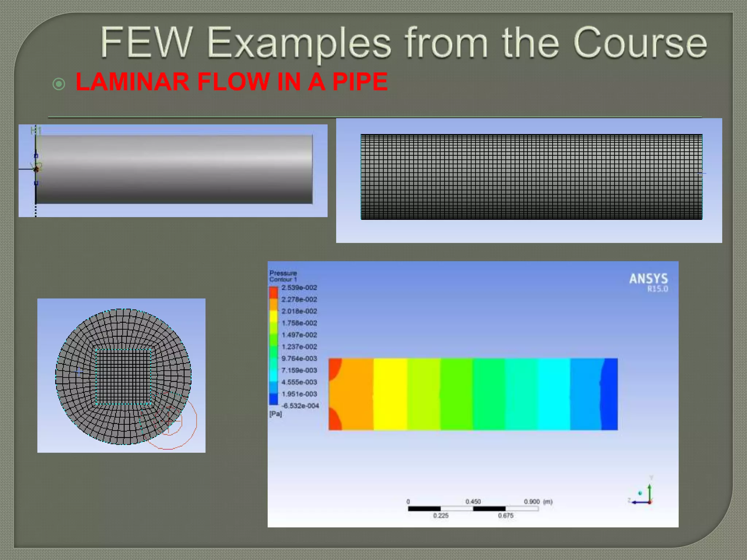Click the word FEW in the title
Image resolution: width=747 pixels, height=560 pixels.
click(146, 43)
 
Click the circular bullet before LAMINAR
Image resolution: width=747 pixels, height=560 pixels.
click(59, 84)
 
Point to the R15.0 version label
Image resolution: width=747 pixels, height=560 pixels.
click(657, 289)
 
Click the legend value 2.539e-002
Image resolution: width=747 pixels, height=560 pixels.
click(299, 288)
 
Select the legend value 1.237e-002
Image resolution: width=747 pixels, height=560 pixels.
click(299, 347)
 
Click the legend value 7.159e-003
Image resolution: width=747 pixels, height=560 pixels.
click(299, 370)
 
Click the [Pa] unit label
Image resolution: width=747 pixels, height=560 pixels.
click(275, 414)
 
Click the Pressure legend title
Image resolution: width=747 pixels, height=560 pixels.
click(283, 273)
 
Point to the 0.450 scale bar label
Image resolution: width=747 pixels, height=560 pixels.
click(473, 502)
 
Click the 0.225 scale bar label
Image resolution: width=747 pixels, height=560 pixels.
click(441, 516)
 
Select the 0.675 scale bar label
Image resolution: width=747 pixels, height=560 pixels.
click(506, 516)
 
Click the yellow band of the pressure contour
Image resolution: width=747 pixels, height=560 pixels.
click(390, 394)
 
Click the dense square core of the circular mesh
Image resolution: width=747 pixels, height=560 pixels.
click(123, 377)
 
